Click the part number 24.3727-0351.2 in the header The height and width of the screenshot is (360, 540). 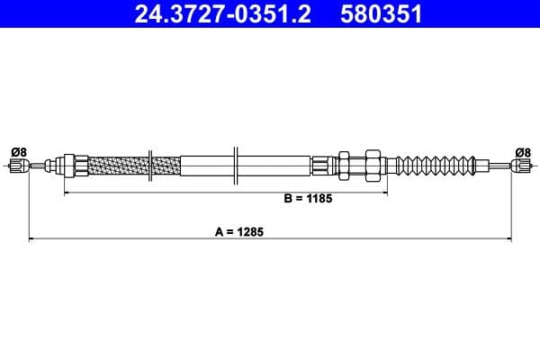point(223,13)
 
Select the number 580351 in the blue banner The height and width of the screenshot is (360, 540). point(382,13)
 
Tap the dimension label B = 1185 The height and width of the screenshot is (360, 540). point(308,198)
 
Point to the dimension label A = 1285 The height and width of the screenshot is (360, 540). point(239,232)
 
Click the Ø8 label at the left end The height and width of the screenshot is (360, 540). point(18,152)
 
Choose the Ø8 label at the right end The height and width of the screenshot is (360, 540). point(523,152)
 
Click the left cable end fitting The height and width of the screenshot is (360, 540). point(18,166)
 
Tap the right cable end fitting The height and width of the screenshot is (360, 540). point(522,166)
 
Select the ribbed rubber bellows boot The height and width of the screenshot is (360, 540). point(436,166)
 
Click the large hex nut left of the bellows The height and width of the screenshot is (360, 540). point(373,166)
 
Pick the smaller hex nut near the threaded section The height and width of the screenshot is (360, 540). point(344,166)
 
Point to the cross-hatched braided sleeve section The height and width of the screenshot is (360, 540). point(134,166)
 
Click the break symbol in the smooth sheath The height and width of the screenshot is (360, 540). point(236,166)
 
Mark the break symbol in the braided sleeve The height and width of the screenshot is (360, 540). point(150,166)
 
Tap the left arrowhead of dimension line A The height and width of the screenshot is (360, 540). point(31,238)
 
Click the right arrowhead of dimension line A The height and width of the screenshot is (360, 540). point(508,238)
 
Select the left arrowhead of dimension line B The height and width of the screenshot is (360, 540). point(67,193)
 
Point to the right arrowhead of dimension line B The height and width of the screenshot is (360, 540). point(384,193)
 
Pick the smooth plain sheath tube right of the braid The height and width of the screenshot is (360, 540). point(246,166)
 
